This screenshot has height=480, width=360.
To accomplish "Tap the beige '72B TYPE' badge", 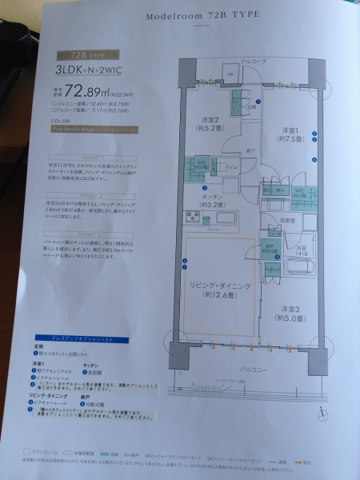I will coord(77,56).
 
